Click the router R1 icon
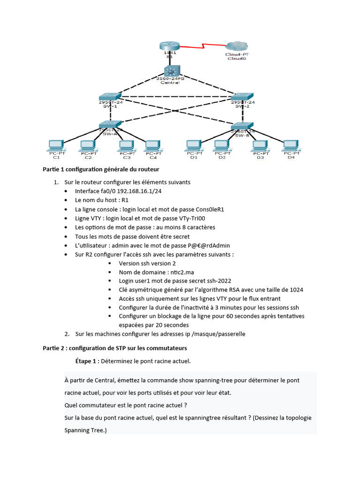click(169, 46)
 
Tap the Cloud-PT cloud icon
click(237, 46)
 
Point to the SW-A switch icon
click(110, 124)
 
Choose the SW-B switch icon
click(242, 126)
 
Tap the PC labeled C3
click(124, 145)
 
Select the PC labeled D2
click(222, 145)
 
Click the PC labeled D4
click(291, 145)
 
